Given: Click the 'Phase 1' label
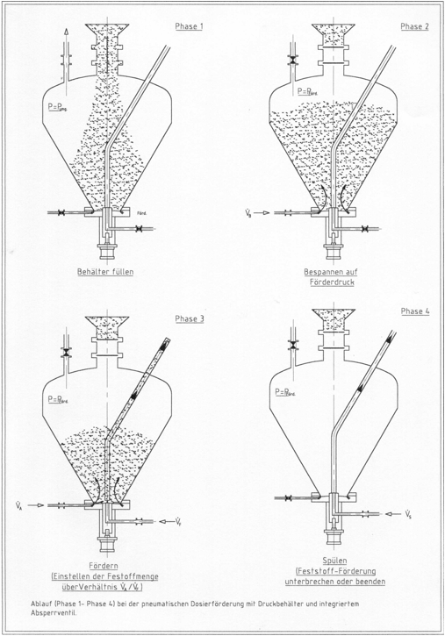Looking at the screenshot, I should pyautogui.click(x=189, y=26).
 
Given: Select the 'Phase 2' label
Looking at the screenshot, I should pyautogui.click(x=414, y=26).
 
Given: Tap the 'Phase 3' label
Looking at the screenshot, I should pyautogui.click(x=189, y=318).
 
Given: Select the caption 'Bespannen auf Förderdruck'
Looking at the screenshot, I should pyautogui.click(x=333, y=277).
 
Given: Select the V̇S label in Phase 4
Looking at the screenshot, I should pyautogui.click(x=410, y=511).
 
